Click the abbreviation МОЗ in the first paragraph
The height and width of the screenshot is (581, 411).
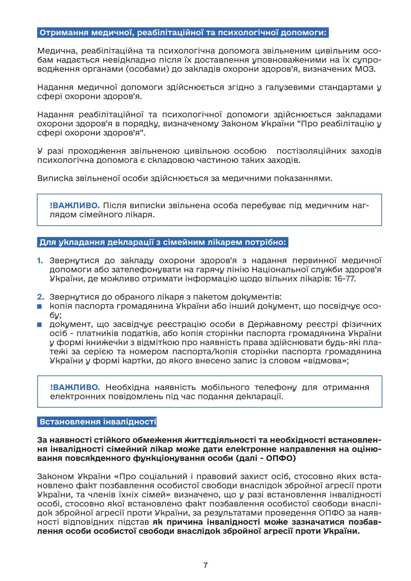(x=366, y=69)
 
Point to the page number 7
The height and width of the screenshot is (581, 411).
(x=205, y=565)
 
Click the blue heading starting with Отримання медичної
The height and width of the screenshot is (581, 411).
(x=183, y=32)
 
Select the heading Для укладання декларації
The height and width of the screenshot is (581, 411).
(x=162, y=242)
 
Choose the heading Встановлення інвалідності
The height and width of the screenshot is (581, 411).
(x=97, y=422)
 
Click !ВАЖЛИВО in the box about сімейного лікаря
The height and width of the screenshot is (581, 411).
(x=75, y=205)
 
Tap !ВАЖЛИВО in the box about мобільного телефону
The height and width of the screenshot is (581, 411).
(x=75, y=387)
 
